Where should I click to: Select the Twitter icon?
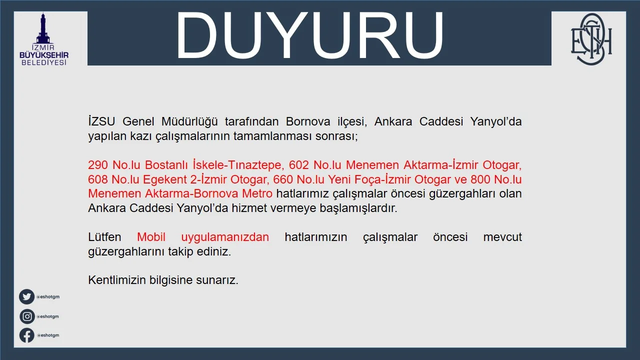[27, 297]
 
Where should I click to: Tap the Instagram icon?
[27, 316]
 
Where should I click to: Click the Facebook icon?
[27, 335]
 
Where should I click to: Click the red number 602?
[299, 165]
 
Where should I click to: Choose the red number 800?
[480, 179]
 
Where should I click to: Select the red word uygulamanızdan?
[225, 237]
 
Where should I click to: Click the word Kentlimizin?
[117, 280]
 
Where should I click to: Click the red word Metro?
[257, 193]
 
